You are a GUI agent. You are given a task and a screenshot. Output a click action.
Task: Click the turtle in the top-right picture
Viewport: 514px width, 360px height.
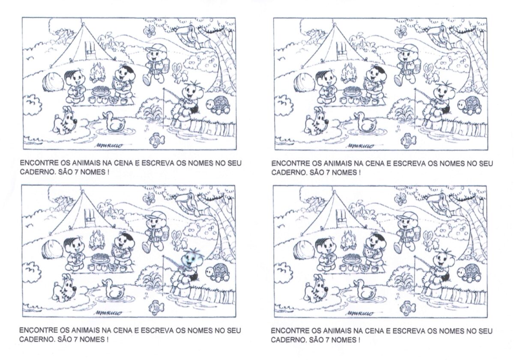click(x=469, y=105)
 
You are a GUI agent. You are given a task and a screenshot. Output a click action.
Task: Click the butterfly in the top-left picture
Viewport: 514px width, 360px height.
click(x=149, y=31)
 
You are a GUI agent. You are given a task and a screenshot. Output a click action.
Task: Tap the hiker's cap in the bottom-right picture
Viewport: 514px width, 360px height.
click(x=406, y=217)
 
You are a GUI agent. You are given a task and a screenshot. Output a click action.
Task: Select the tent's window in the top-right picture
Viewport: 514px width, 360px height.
click(x=341, y=51)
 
